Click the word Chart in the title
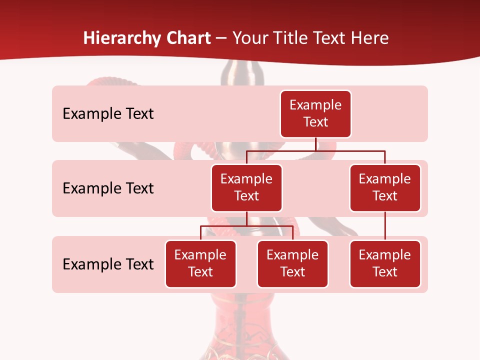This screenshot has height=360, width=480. point(188,38)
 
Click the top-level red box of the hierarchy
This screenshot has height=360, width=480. point(315,114)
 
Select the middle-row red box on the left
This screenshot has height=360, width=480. point(246,188)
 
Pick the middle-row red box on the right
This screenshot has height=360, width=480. point(385,188)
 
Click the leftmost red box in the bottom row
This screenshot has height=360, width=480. point(200,264)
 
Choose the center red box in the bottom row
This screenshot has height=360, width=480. point(292,264)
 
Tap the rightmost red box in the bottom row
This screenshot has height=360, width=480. point(385,264)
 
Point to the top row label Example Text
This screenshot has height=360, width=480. point(108,114)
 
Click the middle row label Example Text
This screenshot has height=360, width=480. point(108,188)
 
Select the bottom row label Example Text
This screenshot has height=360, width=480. point(108,264)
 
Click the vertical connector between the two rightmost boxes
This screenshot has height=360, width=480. point(385,226)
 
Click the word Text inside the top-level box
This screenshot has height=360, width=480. point(315,122)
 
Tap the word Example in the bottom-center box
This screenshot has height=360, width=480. point(292,255)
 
